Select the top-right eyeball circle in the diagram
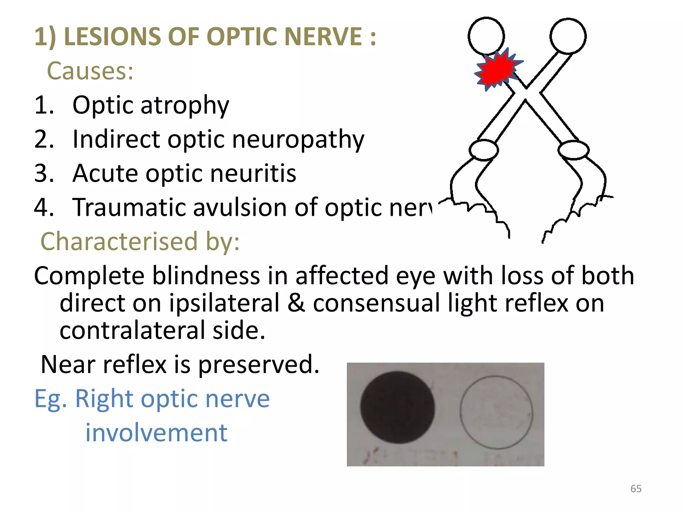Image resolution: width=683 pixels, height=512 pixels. tap(568, 36)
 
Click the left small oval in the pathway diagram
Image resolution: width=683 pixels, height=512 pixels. tap(484, 150)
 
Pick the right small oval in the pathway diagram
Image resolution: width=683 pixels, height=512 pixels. tap(574, 150)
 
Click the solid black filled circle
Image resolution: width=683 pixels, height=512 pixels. tap(398, 407)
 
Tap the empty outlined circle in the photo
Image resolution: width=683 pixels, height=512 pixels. tap(496, 412)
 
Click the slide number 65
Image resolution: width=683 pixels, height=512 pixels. tap(636, 489)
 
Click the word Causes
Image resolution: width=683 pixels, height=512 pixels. tap(90, 71)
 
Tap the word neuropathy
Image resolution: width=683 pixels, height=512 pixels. tap(298, 140)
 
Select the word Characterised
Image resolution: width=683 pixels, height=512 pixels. tap(119, 241)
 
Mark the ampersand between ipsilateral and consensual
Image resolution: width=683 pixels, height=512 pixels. tap(296, 303)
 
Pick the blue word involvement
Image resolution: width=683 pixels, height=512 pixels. tap(156, 433)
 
